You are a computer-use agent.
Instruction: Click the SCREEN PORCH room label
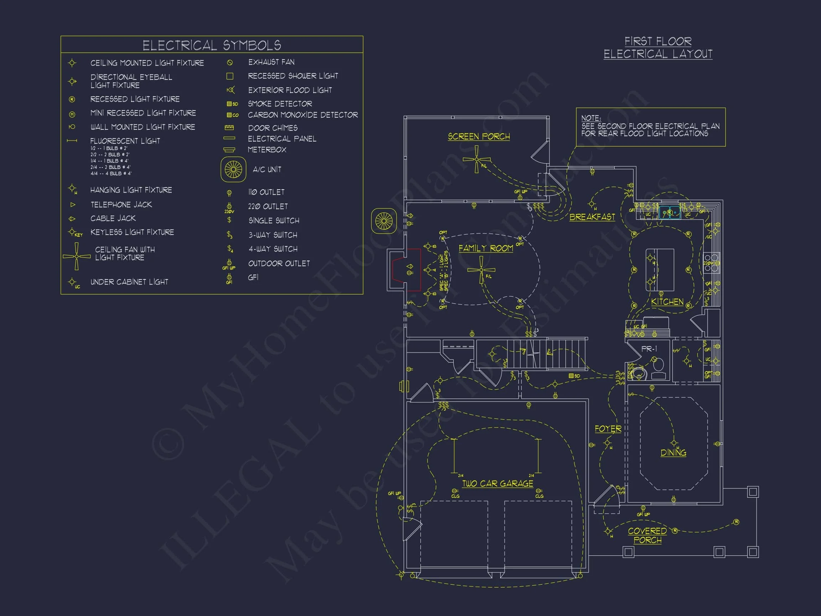pyautogui.click(x=479, y=137)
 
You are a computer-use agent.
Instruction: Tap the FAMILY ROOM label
pyautogui.click(x=485, y=248)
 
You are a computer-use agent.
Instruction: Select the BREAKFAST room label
pyautogui.click(x=592, y=217)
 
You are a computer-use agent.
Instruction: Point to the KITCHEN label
pyautogui.click(x=667, y=302)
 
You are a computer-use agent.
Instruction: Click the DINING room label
pyautogui.click(x=673, y=453)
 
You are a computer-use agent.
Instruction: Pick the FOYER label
pyautogui.click(x=608, y=429)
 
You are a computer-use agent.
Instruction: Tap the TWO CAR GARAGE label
pyautogui.click(x=497, y=483)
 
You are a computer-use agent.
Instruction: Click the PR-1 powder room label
pyautogui.click(x=649, y=349)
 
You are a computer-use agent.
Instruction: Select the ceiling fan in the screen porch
pyautogui.click(x=476, y=159)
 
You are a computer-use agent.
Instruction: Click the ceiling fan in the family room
pyautogui.click(x=481, y=270)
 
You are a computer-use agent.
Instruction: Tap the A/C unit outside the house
pyautogui.click(x=384, y=221)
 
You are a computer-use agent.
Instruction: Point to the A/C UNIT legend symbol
pyautogui.click(x=233, y=170)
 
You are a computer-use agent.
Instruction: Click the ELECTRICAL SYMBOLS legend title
pyautogui.click(x=212, y=45)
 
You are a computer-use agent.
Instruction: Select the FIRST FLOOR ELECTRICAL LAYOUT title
pyautogui.click(x=658, y=47)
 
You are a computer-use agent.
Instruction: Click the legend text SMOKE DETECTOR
pyautogui.click(x=280, y=104)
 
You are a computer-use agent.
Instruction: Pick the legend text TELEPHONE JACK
pyautogui.click(x=121, y=205)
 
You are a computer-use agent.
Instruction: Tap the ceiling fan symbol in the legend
pyautogui.click(x=77, y=256)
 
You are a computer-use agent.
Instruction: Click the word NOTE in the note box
pyautogui.click(x=591, y=118)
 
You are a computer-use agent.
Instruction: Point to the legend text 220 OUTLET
pyautogui.click(x=268, y=206)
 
